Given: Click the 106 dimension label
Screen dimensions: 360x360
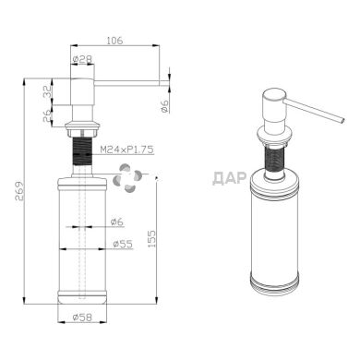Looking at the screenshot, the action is tap(114, 40).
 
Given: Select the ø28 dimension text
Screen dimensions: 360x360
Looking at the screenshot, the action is tap(82, 59).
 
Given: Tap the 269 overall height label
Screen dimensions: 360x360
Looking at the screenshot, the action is tap(19, 191).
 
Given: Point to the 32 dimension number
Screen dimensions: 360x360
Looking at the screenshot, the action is tap(46, 91).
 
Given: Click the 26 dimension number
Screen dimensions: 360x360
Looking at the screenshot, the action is tap(46, 116).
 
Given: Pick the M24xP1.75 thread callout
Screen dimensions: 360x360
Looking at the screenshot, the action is tap(126, 150).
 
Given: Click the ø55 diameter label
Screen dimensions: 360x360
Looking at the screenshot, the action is tap(123, 244).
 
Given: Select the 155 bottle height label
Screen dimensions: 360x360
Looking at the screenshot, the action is tap(151, 239).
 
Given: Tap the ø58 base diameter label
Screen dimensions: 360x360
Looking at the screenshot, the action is tap(82, 317).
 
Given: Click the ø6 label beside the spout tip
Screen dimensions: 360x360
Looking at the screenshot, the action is tap(165, 106).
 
